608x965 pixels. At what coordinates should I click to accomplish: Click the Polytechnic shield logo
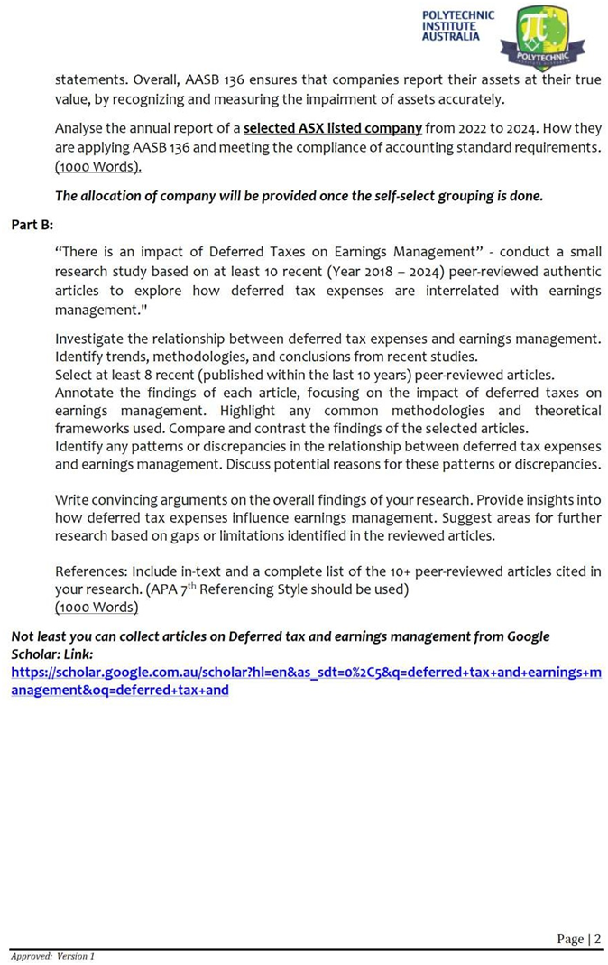coord(548,36)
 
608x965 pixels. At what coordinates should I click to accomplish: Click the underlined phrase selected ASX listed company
coord(333,127)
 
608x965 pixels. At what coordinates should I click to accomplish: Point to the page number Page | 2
coord(578,939)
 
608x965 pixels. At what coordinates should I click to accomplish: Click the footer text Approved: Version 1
coord(52,955)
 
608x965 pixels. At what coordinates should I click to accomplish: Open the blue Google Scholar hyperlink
coord(305,682)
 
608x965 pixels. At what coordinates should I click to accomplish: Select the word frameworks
coord(92,428)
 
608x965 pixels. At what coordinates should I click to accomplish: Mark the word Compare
coord(253,428)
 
